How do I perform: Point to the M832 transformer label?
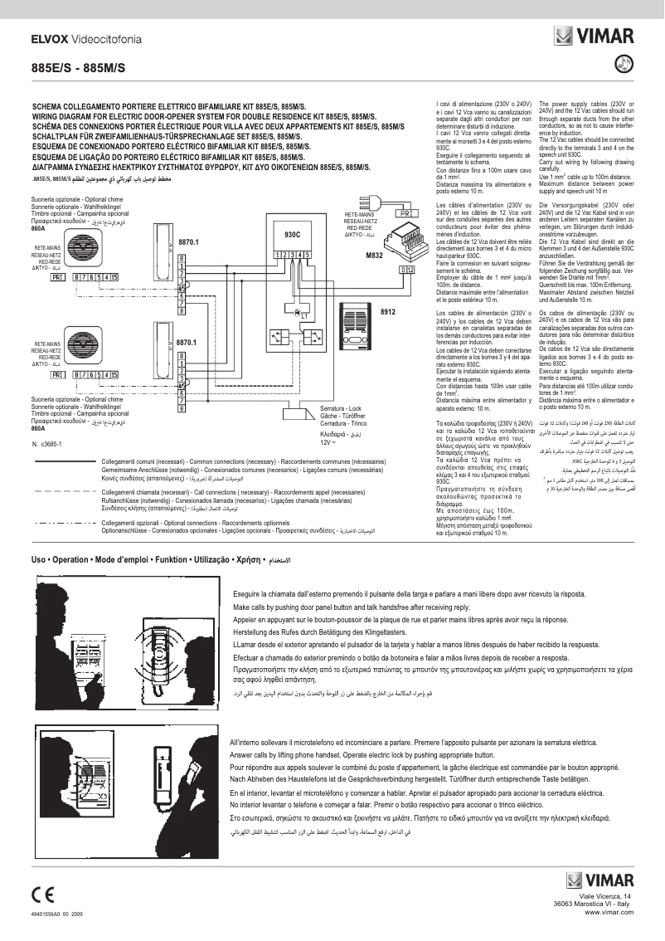click(374, 256)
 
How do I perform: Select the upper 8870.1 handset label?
click(190, 242)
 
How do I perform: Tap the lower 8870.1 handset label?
click(190, 342)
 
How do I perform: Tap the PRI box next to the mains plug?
click(406, 214)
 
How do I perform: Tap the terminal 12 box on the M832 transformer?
click(406, 269)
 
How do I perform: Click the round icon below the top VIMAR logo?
click(625, 63)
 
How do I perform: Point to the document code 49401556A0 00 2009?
click(58, 914)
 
